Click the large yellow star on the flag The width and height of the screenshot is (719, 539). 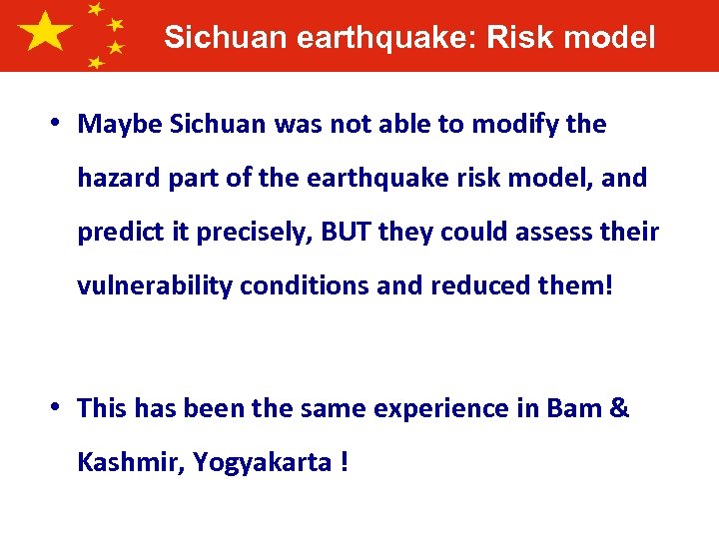pyautogui.click(x=44, y=33)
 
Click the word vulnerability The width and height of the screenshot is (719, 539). pyautogui.click(x=160, y=286)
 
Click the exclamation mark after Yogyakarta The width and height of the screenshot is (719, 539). pyautogui.click(x=344, y=463)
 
